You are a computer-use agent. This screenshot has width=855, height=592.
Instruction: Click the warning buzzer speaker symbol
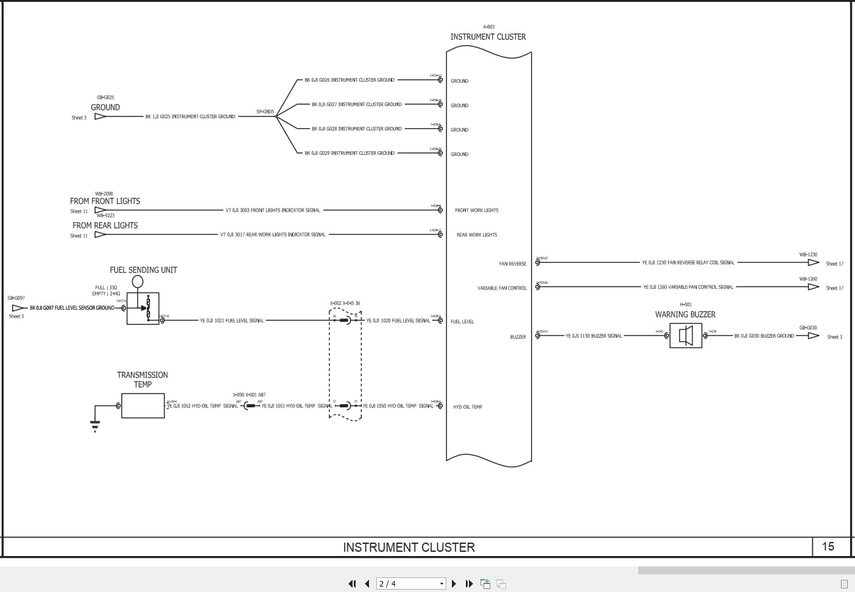pyautogui.click(x=686, y=336)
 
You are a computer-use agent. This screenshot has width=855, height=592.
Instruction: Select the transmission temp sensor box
pyautogui.click(x=142, y=405)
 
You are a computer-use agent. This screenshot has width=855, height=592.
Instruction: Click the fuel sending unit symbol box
pyautogui.click(x=143, y=308)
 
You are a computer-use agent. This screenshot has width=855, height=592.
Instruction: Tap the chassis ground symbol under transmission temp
pyautogui.click(x=95, y=424)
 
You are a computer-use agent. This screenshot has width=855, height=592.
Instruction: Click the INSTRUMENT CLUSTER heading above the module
pyautogui.click(x=488, y=37)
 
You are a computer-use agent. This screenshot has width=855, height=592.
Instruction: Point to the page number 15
pyautogui.click(x=828, y=546)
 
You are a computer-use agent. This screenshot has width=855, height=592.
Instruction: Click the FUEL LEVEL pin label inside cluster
pyautogui.click(x=462, y=321)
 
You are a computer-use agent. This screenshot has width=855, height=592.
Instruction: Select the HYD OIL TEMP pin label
pyautogui.click(x=467, y=407)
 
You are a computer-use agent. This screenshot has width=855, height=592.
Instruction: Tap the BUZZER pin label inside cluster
pyautogui.click(x=518, y=337)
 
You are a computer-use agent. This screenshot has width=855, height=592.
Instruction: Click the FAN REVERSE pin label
pyautogui.click(x=512, y=263)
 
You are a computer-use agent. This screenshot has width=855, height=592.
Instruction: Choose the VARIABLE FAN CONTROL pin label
pyautogui.click(x=502, y=288)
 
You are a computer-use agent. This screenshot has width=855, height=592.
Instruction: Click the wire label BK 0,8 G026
pyautogui.click(x=350, y=80)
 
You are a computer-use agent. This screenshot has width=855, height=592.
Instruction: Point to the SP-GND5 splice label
pyautogui.click(x=265, y=112)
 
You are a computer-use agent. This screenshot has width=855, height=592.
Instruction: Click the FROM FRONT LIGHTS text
pyautogui.click(x=105, y=201)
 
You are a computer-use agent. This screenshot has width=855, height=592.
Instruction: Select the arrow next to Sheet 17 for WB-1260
pyautogui.click(x=813, y=287)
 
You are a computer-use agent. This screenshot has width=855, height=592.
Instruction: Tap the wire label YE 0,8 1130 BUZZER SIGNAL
pyautogui.click(x=594, y=336)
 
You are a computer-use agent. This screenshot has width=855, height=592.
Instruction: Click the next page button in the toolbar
pyautogui.click(x=454, y=583)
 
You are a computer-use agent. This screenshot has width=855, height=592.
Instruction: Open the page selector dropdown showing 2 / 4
pyautogui.click(x=411, y=583)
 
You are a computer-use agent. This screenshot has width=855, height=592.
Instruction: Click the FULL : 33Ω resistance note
pyautogui.click(x=106, y=287)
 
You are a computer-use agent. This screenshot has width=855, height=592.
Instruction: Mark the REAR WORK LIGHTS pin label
pyautogui.click(x=477, y=235)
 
